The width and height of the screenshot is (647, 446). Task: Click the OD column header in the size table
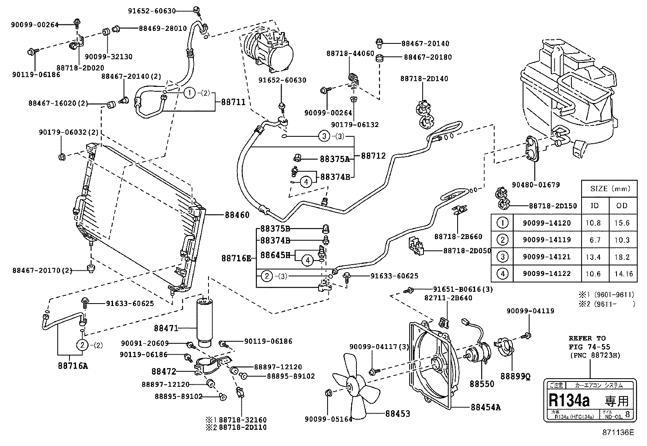point(622,205)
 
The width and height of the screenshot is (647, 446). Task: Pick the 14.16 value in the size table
point(623,274)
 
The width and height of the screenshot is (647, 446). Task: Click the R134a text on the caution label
point(569,401)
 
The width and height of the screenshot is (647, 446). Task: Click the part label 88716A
point(73,366)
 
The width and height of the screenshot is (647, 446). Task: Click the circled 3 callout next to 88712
point(324,136)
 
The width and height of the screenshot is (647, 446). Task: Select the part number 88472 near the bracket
point(164,371)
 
